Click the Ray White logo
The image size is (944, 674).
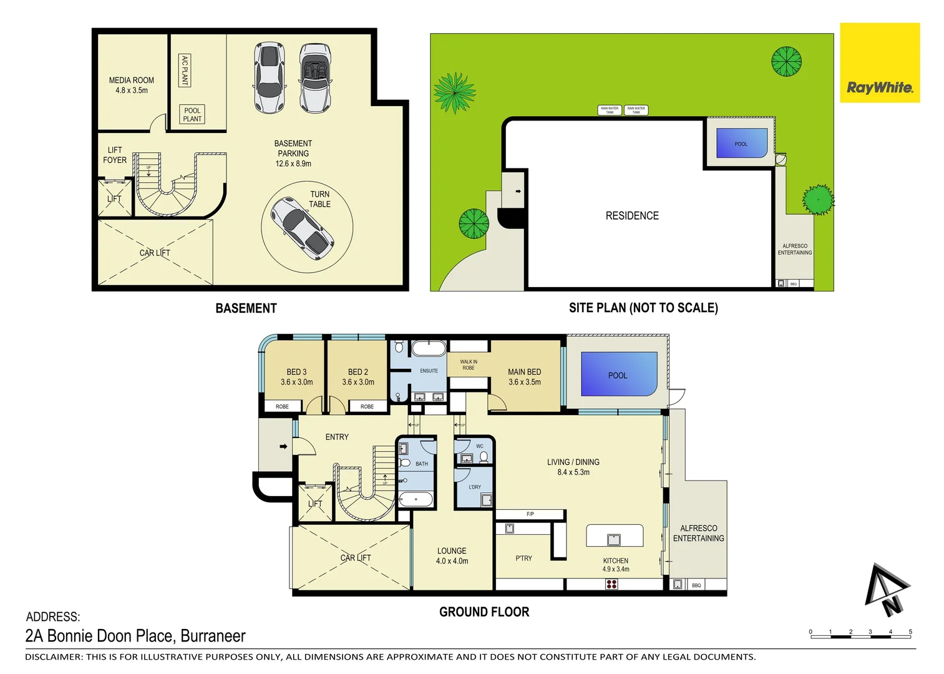[x=879, y=87]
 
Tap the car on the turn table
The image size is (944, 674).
[x=302, y=228]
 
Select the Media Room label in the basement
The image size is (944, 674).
[x=131, y=85]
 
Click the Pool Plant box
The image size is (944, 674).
[x=192, y=114]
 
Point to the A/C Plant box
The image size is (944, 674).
[x=185, y=70]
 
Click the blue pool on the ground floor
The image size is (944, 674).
[x=618, y=374]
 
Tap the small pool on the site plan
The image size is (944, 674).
[x=741, y=143]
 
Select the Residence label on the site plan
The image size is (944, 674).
[x=632, y=215]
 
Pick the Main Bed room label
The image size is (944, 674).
[x=524, y=376]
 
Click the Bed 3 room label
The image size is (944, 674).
[x=296, y=376]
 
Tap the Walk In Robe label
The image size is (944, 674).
[x=468, y=364]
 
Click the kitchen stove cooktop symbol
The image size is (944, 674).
[x=611, y=584]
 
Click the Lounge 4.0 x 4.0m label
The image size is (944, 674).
[x=452, y=555]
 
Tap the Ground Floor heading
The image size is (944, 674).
[x=484, y=612]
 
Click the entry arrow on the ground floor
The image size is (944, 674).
[x=283, y=446]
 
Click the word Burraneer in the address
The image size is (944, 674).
[x=213, y=636]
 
